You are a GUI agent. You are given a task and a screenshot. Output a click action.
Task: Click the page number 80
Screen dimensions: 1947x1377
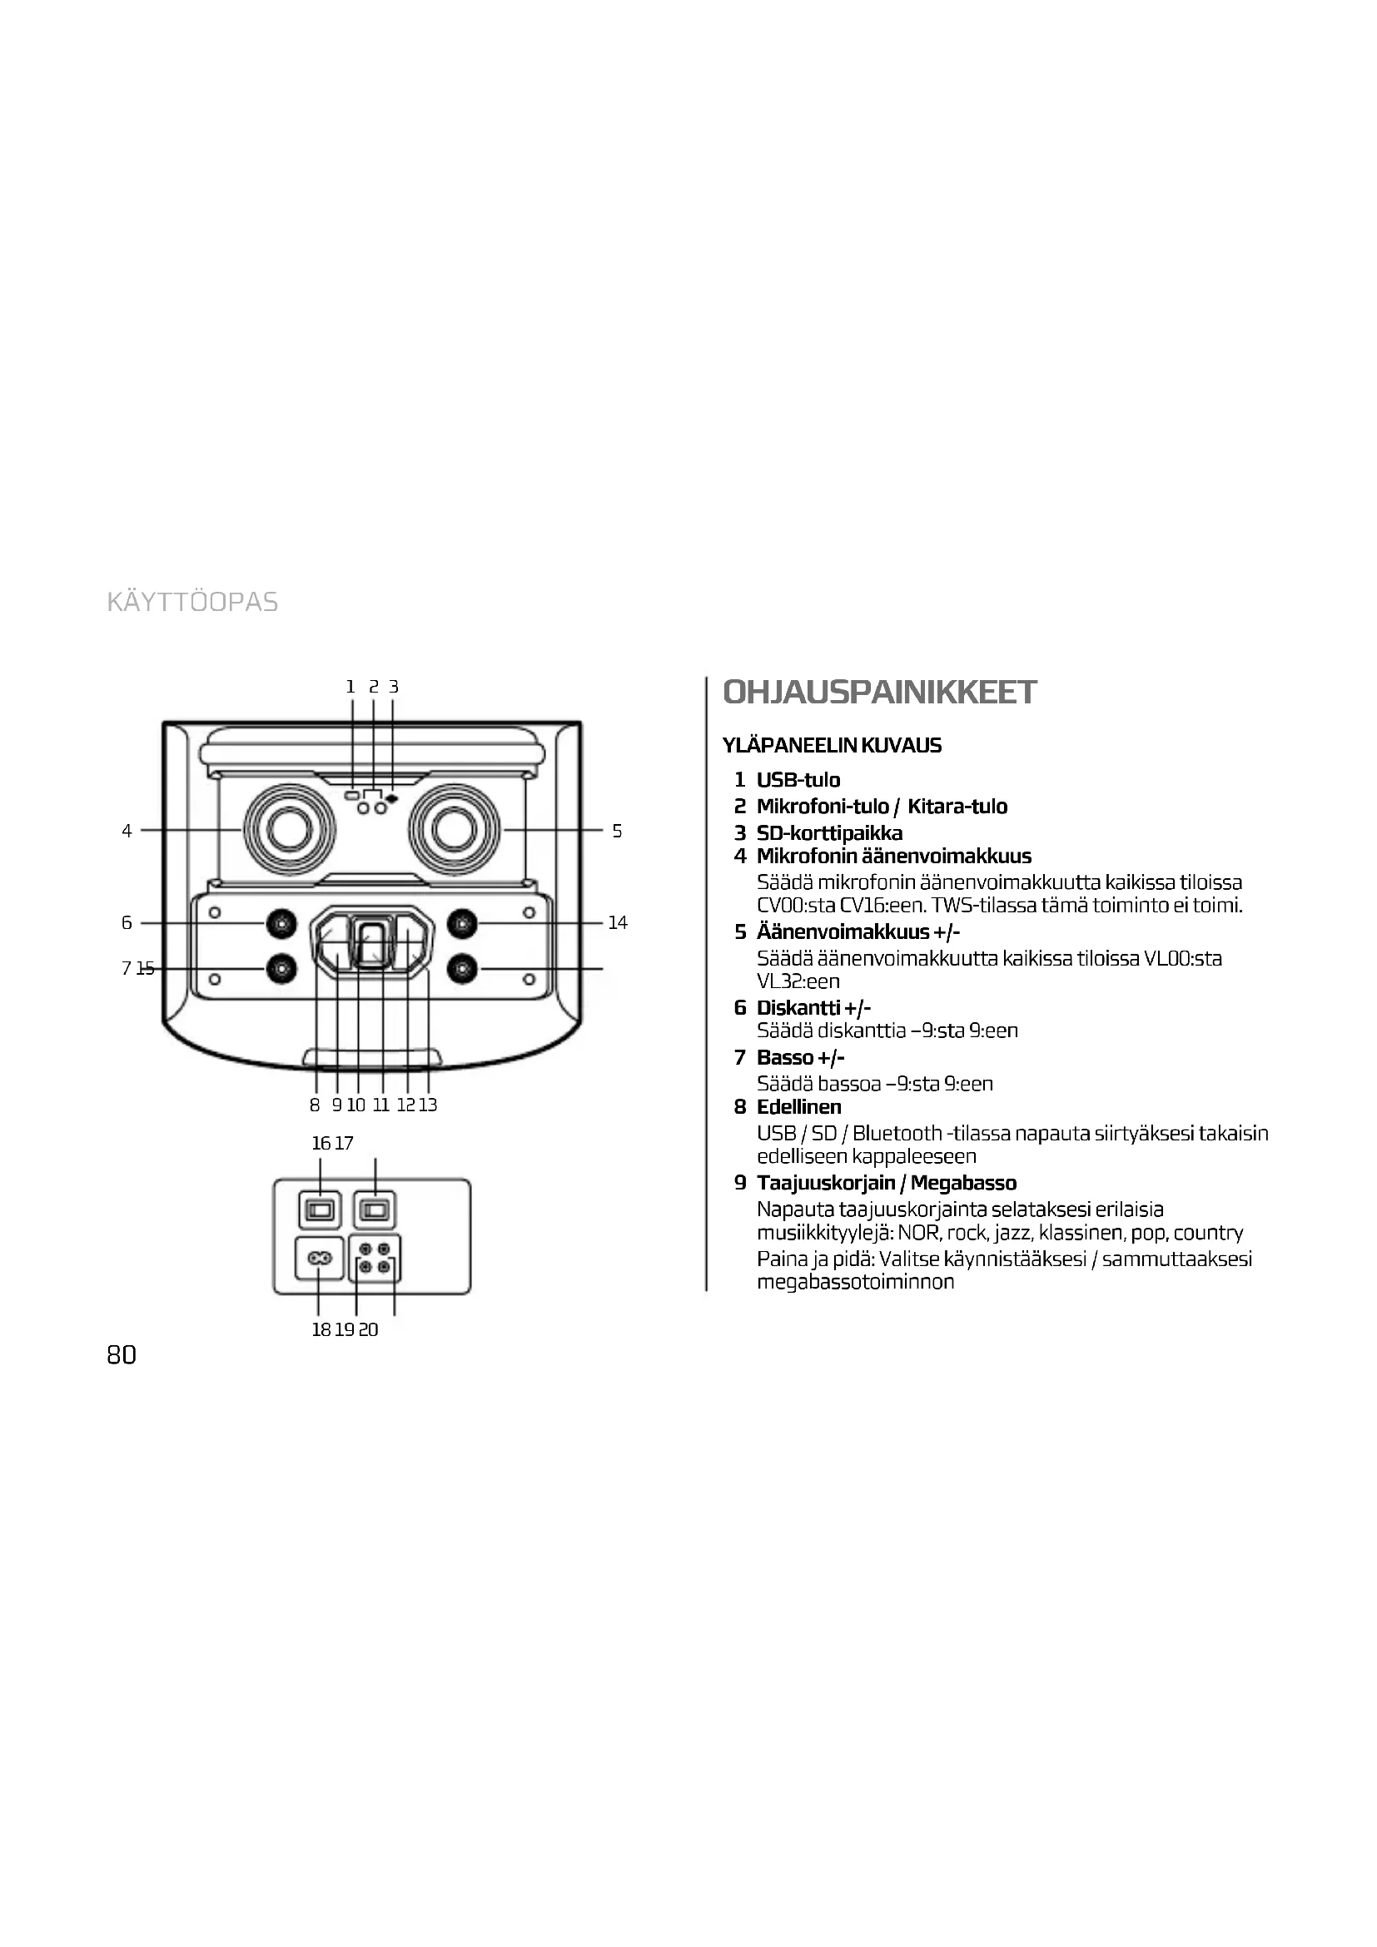(x=122, y=1355)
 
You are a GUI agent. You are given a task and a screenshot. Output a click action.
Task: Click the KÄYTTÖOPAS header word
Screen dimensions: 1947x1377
(x=192, y=602)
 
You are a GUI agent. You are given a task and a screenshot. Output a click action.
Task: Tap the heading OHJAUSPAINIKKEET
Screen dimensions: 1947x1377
(x=879, y=693)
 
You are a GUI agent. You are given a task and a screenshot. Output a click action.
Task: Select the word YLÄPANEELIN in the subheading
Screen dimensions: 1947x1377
(x=789, y=745)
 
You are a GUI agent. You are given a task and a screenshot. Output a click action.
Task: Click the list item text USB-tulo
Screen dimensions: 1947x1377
(x=798, y=779)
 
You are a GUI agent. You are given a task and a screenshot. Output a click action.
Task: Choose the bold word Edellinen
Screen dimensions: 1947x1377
(x=798, y=1106)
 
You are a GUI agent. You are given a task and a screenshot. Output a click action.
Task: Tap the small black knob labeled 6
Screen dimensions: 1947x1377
(x=281, y=922)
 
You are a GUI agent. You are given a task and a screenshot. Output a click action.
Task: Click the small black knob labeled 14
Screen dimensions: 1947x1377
(x=461, y=922)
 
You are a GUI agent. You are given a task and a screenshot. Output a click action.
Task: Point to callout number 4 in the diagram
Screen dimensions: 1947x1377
(x=127, y=831)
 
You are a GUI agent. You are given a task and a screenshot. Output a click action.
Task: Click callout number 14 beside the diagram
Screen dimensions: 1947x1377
(x=617, y=922)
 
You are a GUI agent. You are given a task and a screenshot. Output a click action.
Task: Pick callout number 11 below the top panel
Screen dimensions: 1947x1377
(x=380, y=1105)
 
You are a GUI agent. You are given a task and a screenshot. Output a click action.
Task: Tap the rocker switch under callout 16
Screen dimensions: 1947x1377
(x=320, y=1210)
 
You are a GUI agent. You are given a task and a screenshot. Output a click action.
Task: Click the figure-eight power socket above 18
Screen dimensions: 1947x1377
(x=319, y=1259)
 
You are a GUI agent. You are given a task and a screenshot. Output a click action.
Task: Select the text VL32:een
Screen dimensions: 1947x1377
(x=798, y=981)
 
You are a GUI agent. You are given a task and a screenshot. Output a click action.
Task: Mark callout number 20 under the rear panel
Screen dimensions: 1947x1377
(x=369, y=1329)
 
